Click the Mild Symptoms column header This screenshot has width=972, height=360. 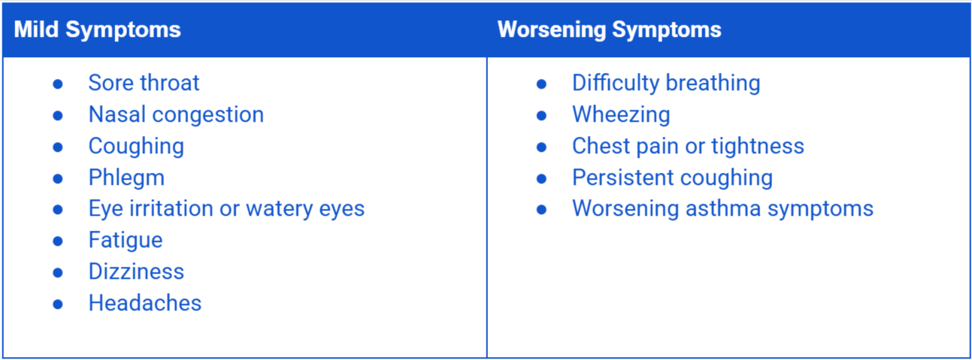[97, 30]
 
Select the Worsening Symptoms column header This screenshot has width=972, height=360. [609, 30]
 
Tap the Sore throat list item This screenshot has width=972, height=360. [144, 83]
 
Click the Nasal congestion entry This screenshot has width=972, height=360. [176, 115]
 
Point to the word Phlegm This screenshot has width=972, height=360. [127, 178]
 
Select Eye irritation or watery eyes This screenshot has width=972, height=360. [226, 209]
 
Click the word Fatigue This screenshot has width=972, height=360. [126, 241]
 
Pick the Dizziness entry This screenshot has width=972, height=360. [136, 271]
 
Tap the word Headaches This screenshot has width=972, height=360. [145, 303]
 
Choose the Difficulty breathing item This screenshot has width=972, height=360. [666, 83]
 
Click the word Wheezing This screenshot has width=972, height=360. [622, 115]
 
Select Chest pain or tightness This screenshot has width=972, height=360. [688, 146]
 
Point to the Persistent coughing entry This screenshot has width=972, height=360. [673, 178]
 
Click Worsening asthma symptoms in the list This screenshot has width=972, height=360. [723, 209]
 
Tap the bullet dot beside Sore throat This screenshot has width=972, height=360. [58, 83]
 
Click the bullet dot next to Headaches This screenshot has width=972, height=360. [58, 304]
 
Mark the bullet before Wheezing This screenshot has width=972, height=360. [541, 116]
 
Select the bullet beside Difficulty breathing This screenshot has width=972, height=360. [541, 83]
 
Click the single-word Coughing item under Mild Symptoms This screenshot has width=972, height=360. [136, 147]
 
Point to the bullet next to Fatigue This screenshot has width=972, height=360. [58, 241]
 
